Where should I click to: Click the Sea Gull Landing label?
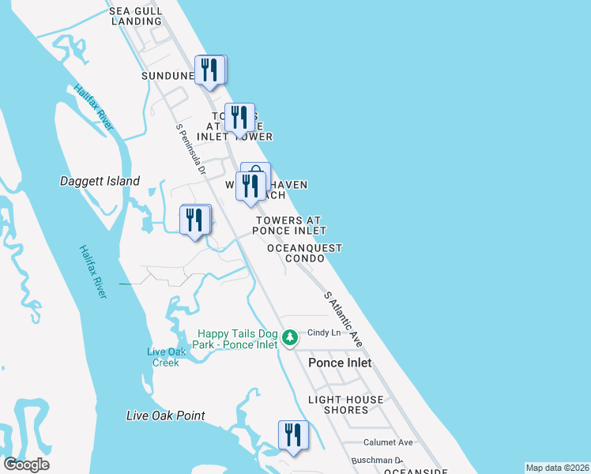[137, 16]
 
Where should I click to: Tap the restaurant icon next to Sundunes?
[209, 70]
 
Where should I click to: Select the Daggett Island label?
[100, 181]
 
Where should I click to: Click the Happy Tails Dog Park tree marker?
[290, 338]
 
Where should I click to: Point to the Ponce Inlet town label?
[340, 363]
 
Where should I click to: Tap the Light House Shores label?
[346, 404]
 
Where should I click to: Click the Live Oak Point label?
[166, 416]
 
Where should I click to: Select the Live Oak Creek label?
[166, 357]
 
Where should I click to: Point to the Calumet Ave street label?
[388, 442]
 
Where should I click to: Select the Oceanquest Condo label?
[304, 253]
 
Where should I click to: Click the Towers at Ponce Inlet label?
[289, 225]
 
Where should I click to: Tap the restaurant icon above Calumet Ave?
[292, 435]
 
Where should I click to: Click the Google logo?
[26, 465]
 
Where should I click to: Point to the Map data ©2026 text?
[556, 468]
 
